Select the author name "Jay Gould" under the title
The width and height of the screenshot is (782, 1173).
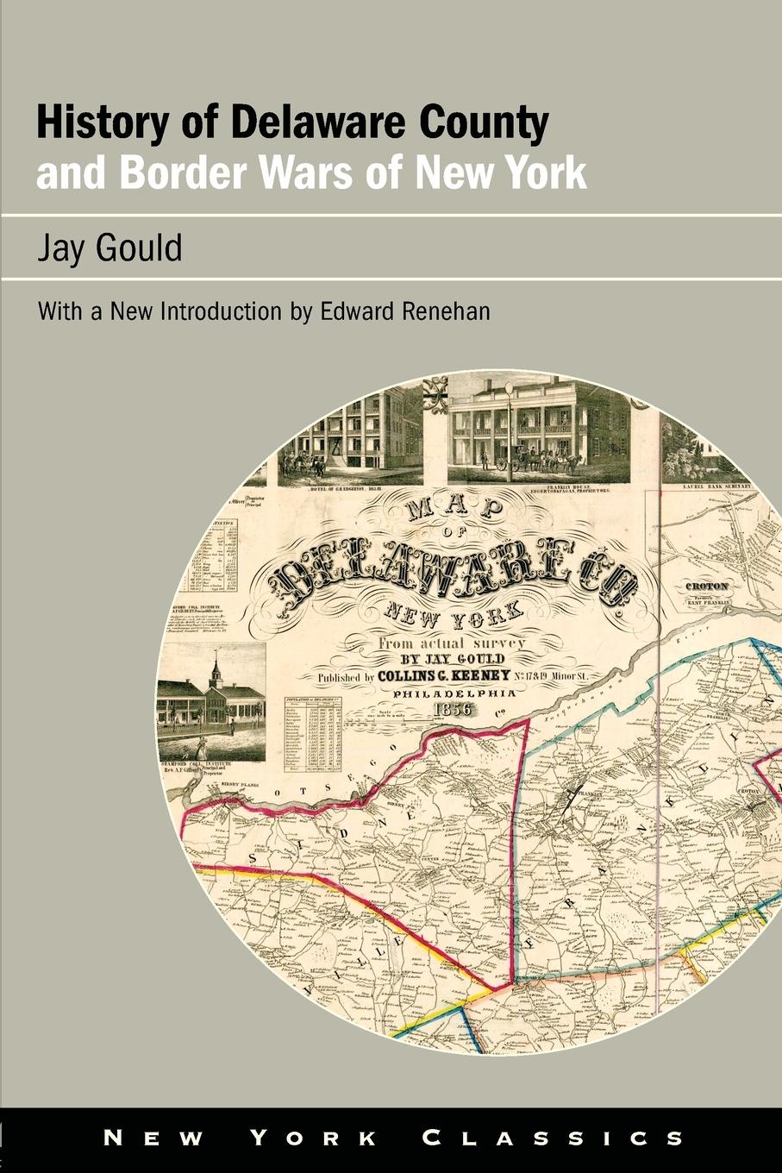pyautogui.click(x=109, y=248)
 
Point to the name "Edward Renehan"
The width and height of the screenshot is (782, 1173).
pyautogui.click(x=405, y=311)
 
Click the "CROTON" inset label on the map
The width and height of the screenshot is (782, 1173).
pyautogui.click(x=706, y=586)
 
